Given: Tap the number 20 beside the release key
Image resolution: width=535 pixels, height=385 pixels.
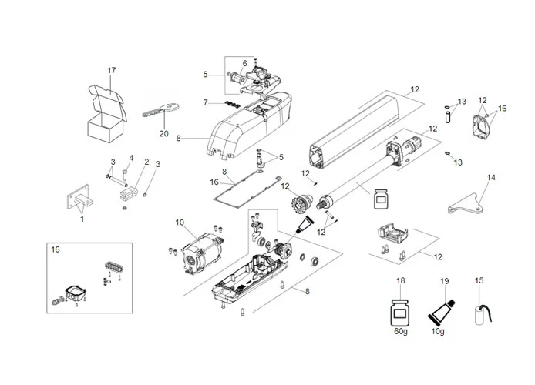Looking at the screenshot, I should coord(163,132).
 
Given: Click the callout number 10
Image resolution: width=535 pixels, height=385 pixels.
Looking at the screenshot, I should coord(180,223).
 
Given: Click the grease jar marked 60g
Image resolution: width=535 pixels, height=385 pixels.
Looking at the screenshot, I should coord(400,316).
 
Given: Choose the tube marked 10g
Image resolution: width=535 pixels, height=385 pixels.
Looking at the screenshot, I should coord(441,316).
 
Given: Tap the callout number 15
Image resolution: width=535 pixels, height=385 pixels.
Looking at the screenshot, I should coord(480,281).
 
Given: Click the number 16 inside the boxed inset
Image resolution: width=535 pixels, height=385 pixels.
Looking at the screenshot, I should coord(55,250).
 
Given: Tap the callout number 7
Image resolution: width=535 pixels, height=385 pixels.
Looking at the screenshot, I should coord(205,102).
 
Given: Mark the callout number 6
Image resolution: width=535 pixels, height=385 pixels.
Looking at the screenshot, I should coord(244,63).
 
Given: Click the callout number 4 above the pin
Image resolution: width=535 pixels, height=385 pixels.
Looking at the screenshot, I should coord(131,159).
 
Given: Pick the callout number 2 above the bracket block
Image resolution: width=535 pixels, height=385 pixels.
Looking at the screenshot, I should coord(146,162).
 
